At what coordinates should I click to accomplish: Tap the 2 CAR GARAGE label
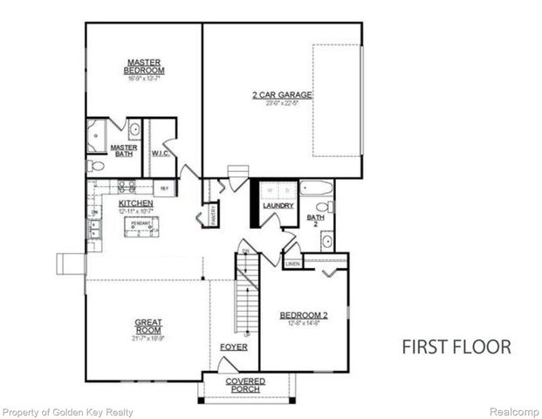pos(283,94)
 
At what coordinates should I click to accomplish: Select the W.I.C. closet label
pos(160,153)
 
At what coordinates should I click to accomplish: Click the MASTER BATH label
pos(121,151)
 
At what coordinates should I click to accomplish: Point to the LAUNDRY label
pos(279,206)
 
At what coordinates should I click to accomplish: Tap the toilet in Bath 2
pos(324,207)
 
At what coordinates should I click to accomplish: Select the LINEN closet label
pos(292,263)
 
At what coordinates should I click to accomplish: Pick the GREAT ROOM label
pos(148,326)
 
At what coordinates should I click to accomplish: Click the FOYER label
pos(234,347)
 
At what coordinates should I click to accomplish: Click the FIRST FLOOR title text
pos(456,347)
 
